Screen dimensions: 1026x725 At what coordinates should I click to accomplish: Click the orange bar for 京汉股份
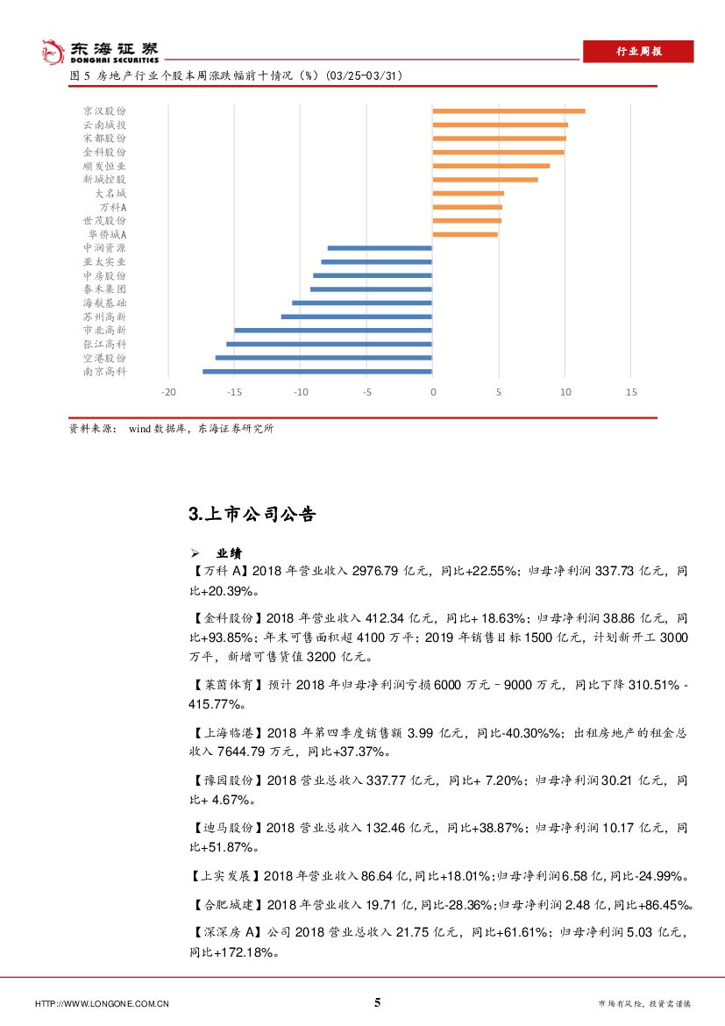[x=508, y=110]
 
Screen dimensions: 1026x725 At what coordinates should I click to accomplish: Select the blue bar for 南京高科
[x=317, y=372]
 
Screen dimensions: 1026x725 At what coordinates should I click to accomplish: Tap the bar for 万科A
[x=467, y=207]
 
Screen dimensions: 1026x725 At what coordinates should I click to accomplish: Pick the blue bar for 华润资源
[x=380, y=248]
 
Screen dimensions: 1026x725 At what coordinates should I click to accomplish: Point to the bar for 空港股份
[x=323, y=358]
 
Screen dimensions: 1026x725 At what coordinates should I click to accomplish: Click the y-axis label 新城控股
[x=104, y=179]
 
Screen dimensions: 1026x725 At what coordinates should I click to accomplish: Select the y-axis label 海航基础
[x=104, y=303]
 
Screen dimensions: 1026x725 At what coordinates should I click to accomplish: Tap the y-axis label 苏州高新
[x=104, y=317]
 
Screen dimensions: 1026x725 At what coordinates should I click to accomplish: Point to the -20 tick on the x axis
[x=168, y=393]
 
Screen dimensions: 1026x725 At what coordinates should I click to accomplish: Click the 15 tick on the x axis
[x=631, y=393]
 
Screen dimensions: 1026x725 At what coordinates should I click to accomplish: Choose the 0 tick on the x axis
[x=432, y=393]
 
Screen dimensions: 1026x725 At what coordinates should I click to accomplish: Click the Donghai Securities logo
[x=101, y=52]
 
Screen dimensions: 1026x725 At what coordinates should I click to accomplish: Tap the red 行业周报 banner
[x=638, y=52]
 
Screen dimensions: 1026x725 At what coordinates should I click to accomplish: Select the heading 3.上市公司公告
[x=252, y=515]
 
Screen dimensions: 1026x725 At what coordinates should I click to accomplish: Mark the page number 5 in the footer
[x=378, y=1003]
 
